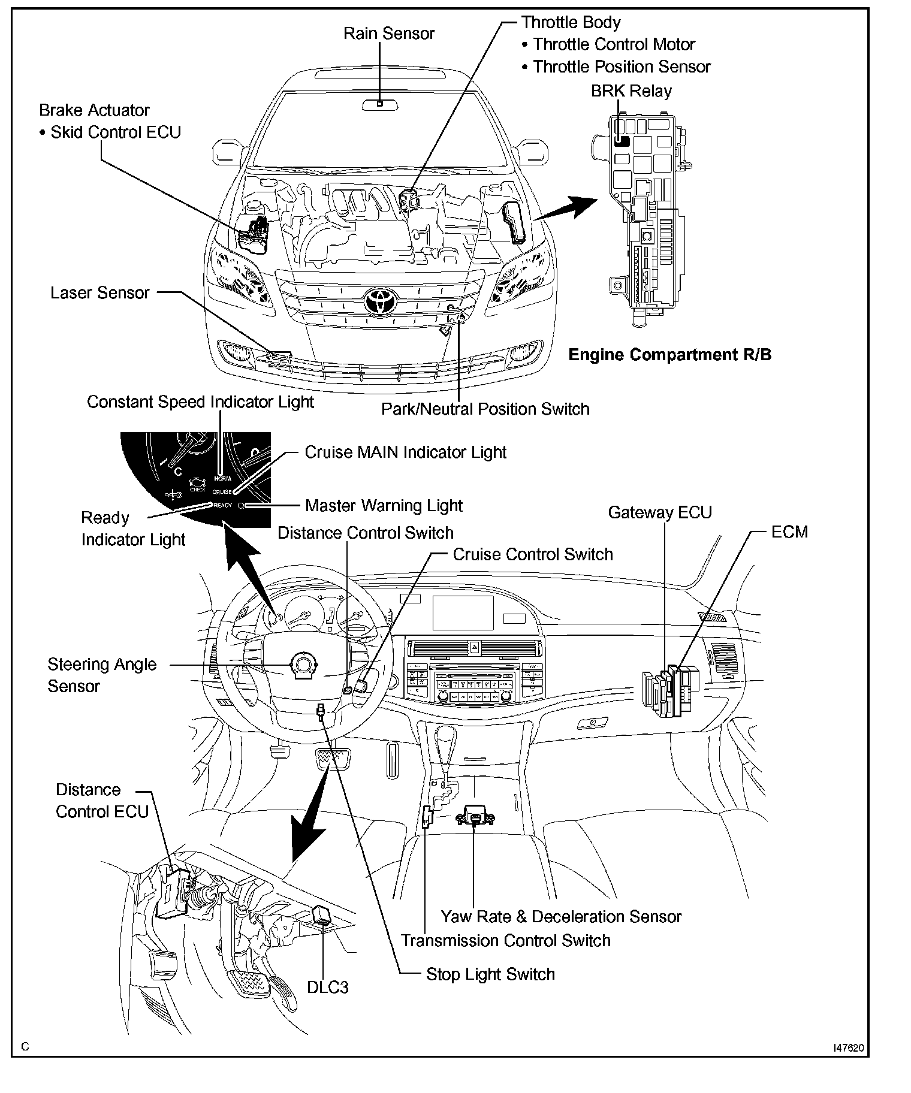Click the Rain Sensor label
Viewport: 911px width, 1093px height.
click(388, 34)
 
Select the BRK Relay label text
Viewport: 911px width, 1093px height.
click(631, 91)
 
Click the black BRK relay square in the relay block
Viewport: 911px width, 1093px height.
click(622, 141)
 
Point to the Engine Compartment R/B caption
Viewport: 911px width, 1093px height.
click(669, 355)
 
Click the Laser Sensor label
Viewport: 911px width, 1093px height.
click(99, 293)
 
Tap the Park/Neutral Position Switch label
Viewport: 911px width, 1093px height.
click(485, 409)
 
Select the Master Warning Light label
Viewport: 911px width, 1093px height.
click(384, 506)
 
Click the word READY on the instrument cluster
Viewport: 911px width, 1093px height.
click(222, 505)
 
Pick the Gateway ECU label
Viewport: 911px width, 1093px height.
click(660, 513)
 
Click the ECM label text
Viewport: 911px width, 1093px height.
click(789, 532)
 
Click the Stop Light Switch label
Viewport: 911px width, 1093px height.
click(490, 974)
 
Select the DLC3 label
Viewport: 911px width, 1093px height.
click(328, 988)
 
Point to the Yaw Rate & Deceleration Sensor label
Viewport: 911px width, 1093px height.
click(561, 917)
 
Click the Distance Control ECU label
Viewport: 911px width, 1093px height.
click(102, 801)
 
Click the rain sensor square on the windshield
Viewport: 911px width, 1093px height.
click(380, 104)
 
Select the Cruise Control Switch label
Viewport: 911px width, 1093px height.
click(533, 554)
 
